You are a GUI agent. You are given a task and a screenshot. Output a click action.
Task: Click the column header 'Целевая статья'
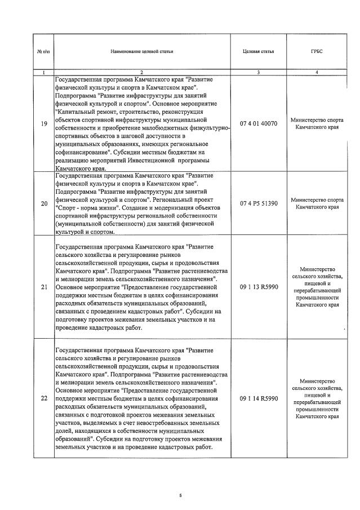(x=258, y=52)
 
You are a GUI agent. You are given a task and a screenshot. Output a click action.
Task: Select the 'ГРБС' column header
(x=316, y=52)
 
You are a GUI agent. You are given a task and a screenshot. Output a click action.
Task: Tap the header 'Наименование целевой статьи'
(x=142, y=52)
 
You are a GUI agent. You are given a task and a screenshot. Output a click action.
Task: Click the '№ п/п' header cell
(x=44, y=52)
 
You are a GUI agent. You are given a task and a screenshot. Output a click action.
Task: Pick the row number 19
(x=44, y=124)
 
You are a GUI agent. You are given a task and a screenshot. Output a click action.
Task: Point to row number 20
(x=44, y=203)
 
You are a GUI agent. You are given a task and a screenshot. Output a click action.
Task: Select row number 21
(x=44, y=287)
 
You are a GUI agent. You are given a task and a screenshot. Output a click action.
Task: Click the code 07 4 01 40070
(x=259, y=124)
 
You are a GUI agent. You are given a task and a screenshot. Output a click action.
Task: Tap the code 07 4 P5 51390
(x=259, y=203)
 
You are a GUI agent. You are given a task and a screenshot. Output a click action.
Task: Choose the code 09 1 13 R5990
(x=259, y=287)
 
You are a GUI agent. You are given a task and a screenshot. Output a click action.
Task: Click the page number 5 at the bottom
(x=180, y=495)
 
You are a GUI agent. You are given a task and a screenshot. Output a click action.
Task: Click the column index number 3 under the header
(x=258, y=73)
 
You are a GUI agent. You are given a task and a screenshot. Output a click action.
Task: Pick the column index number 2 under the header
(x=142, y=73)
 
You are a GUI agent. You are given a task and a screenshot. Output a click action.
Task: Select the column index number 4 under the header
(x=316, y=73)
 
